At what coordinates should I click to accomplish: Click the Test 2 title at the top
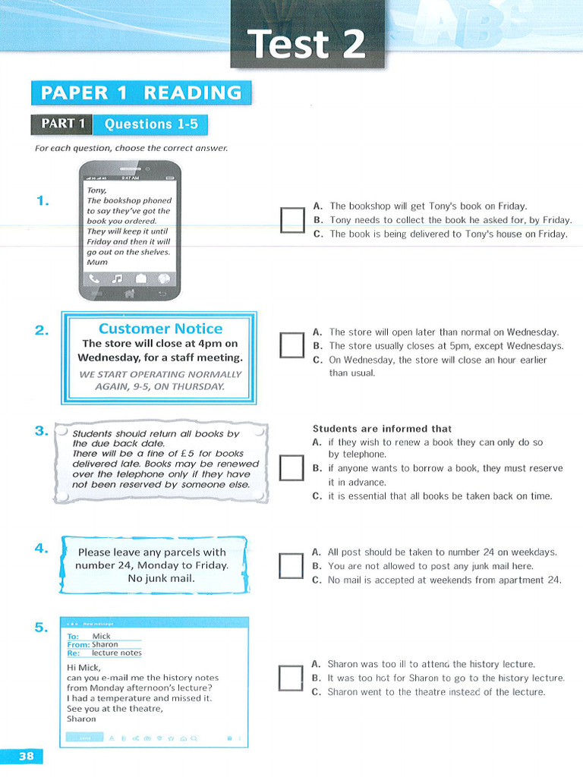tap(307, 43)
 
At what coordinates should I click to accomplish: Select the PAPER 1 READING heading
tap(140, 93)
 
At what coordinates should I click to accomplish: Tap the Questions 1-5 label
tap(150, 124)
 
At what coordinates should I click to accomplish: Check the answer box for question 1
tap(291, 220)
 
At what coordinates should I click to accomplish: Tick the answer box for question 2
tap(291, 345)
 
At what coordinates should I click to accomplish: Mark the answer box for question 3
tap(291, 468)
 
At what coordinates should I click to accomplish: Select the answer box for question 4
tap(291, 565)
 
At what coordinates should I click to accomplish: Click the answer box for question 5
tap(291, 678)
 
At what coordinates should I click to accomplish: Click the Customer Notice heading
tap(160, 329)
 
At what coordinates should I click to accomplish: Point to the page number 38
tap(26, 756)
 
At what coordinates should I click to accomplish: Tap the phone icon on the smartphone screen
tap(95, 278)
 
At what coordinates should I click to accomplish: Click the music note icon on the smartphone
tap(116, 278)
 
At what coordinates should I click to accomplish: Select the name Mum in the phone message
tap(97, 262)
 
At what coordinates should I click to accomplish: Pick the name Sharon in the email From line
tap(105, 644)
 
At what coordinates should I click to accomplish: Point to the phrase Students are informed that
tap(382, 429)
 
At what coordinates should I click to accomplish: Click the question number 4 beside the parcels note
tap(42, 549)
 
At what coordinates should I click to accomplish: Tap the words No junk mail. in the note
tap(161, 578)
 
